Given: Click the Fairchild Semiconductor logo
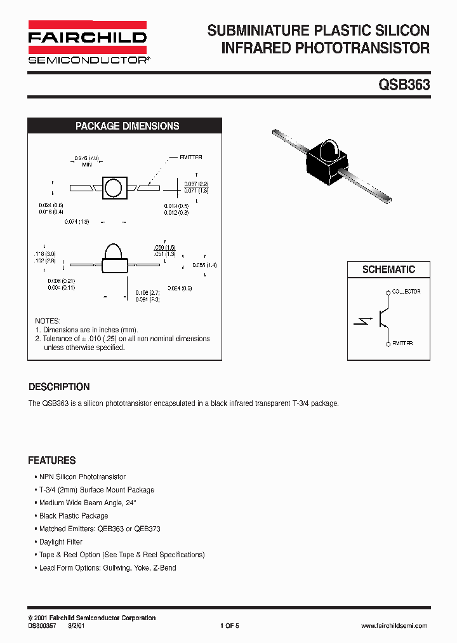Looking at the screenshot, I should click(x=87, y=42).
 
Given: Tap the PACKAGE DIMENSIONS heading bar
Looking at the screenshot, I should click(x=127, y=126).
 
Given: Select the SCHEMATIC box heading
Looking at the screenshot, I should click(x=388, y=269).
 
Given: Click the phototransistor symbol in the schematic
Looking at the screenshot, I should click(x=381, y=318).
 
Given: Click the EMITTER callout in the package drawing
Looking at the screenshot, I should click(x=191, y=157).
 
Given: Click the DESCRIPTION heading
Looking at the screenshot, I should click(x=59, y=387).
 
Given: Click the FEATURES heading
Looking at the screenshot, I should click(x=51, y=461).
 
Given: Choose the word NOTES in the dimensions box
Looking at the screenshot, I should click(x=48, y=321).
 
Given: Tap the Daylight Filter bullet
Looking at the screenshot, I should click(x=61, y=542).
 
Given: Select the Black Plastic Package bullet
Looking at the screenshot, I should click(x=74, y=516).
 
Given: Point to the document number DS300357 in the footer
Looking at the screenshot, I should click(x=43, y=626).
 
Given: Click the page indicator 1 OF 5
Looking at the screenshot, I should click(x=229, y=626).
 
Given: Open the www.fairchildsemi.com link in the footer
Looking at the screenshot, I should click(x=394, y=626).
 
